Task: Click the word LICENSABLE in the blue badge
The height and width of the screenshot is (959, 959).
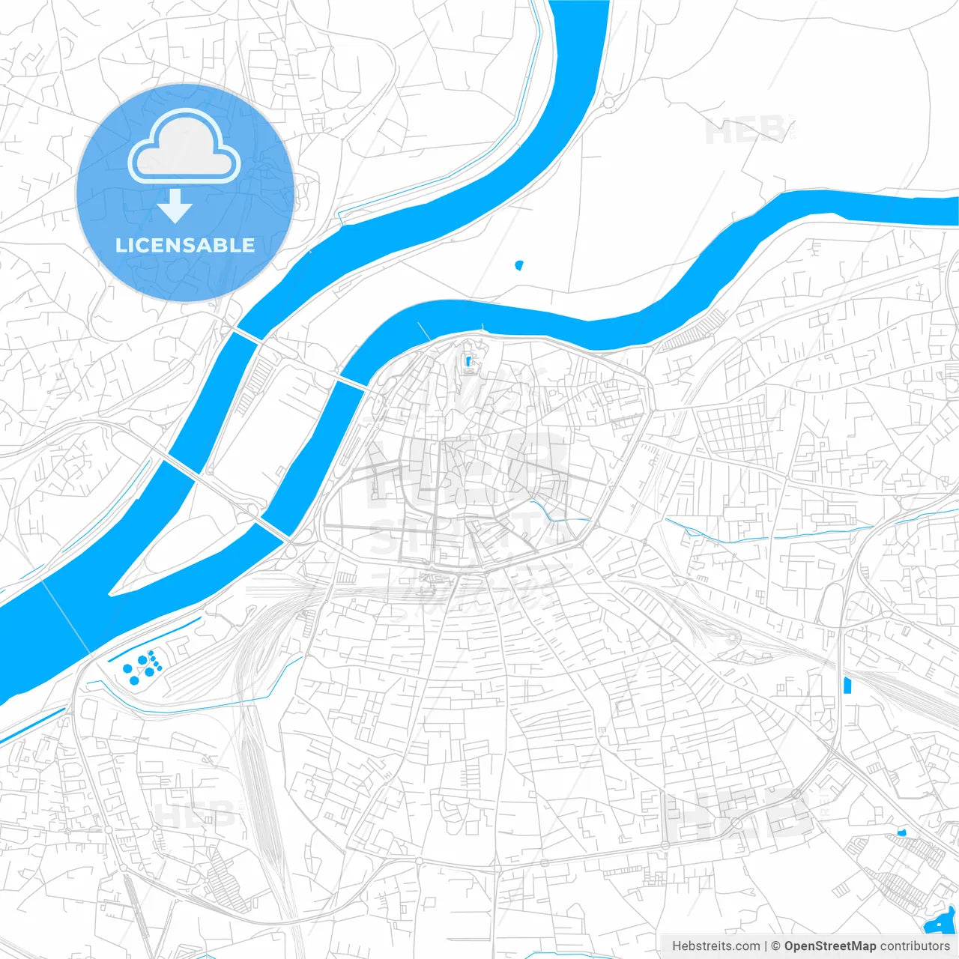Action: coord(184,245)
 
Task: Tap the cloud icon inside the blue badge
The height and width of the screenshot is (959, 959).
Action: coord(184,147)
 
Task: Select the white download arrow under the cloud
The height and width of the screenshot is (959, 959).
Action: coord(175,206)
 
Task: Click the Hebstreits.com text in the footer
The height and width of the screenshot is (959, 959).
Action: coord(716,946)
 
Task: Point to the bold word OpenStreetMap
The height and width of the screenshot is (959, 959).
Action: coord(830,946)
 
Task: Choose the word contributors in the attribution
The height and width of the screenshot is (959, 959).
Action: coord(915,946)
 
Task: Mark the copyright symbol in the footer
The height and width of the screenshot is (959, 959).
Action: coord(775,946)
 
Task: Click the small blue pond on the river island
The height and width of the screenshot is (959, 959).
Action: coord(519,264)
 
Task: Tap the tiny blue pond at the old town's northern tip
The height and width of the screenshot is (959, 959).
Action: coord(470,363)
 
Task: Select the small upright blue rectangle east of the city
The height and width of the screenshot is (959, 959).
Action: coord(847,685)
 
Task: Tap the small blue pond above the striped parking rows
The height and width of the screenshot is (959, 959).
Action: coord(902,832)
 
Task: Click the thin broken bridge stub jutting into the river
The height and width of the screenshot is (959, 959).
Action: coord(424,330)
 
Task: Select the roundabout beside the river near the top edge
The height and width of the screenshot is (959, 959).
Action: coord(608,103)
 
